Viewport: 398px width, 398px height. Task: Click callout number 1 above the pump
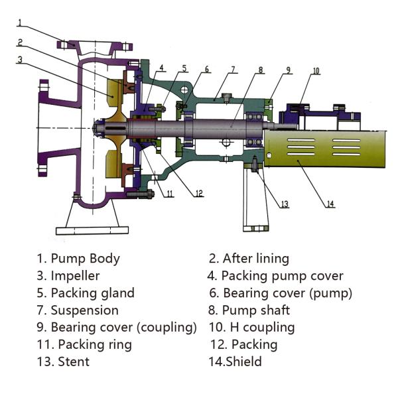point(20,22)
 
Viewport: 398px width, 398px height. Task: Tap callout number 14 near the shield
point(330,204)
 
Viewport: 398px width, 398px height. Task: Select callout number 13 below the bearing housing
point(284,204)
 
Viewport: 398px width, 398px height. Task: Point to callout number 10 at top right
point(316,70)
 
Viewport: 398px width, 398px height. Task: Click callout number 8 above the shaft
point(261,70)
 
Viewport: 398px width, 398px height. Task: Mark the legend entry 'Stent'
point(73,362)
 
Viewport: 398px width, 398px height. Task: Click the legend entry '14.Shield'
point(235,362)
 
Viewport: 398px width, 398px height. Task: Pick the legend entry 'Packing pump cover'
point(282,275)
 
